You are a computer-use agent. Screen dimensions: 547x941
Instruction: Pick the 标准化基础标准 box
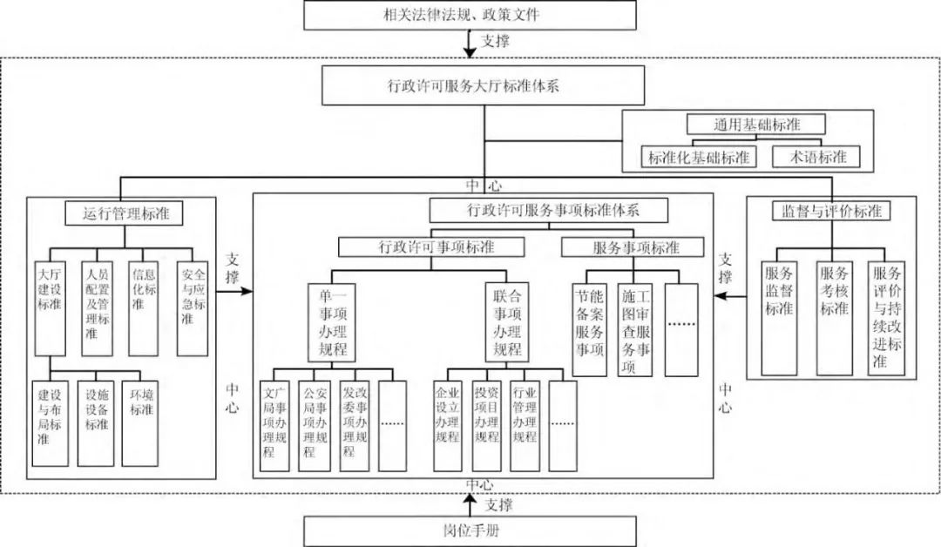click(x=700, y=157)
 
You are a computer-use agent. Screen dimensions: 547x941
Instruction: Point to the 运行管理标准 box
click(x=127, y=213)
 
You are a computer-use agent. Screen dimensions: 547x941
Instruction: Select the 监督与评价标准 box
click(x=827, y=211)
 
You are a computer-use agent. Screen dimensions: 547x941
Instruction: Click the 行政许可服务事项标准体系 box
click(x=549, y=210)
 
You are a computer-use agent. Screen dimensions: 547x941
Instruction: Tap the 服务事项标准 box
click(x=633, y=247)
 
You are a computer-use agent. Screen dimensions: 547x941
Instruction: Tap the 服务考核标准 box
click(x=834, y=318)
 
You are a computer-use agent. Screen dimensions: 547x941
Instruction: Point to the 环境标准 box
click(x=140, y=422)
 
